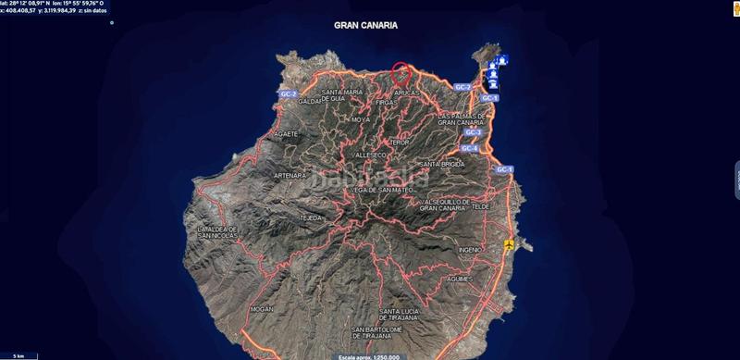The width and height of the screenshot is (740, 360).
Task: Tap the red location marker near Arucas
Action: click(x=401, y=71)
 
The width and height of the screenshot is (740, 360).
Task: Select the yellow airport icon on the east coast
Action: click(x=509, y=245)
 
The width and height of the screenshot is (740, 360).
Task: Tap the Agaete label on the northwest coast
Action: click(x=286, y=133)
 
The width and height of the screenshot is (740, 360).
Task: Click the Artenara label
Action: click(x=290, y=175)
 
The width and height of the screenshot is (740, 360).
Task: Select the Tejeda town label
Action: click(x=310, y=217)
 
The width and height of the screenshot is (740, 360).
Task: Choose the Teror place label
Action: click(x=399, y=143)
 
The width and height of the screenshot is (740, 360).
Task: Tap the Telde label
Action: click(x=480, y=206)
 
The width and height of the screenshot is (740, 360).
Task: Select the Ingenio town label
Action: click(x=470, y=250)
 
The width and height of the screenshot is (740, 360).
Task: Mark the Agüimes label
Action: click(x=458, y=278)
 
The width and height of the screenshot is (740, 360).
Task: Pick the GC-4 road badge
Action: click(x=468, y=148)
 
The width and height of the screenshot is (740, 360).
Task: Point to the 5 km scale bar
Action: click(x=18, y=354)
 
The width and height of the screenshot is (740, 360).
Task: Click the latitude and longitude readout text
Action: click(x=55, y=4)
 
